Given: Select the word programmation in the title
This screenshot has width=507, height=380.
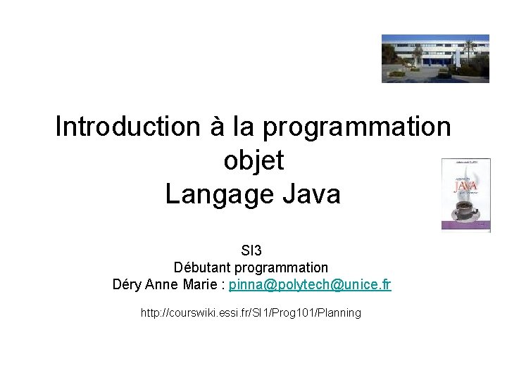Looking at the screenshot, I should click(x=357, y=127).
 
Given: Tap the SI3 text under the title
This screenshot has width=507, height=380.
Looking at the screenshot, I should click(x=251, y=250).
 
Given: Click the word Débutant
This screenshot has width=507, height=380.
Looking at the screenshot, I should click(x=202, y=267).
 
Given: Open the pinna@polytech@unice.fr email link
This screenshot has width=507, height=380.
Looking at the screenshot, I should click(x=310, y=285).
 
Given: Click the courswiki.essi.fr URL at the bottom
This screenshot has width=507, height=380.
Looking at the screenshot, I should click(x=251, y=312).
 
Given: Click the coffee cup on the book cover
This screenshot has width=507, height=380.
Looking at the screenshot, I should click(x=464, y=206).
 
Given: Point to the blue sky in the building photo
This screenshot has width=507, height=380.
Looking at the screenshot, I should click(x=430, y=39).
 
